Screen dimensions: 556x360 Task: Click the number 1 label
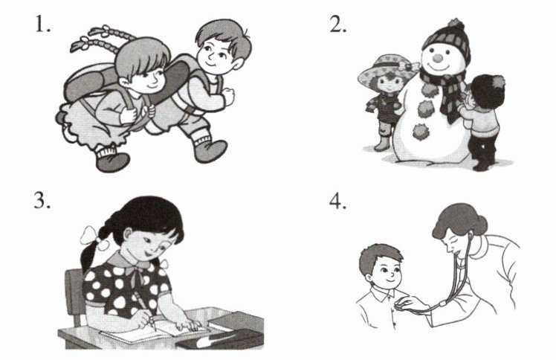click(42, 25)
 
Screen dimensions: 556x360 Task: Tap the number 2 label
click(337, 25)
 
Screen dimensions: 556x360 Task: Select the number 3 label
click(42, 201)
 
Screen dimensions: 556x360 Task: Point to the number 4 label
click(337, 202)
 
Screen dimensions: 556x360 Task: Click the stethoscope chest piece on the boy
click(401, 303)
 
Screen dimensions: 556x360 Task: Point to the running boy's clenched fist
click(228, 97)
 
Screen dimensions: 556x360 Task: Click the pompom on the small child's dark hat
click(498, 82)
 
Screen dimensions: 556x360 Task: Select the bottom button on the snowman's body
click(420, 132)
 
